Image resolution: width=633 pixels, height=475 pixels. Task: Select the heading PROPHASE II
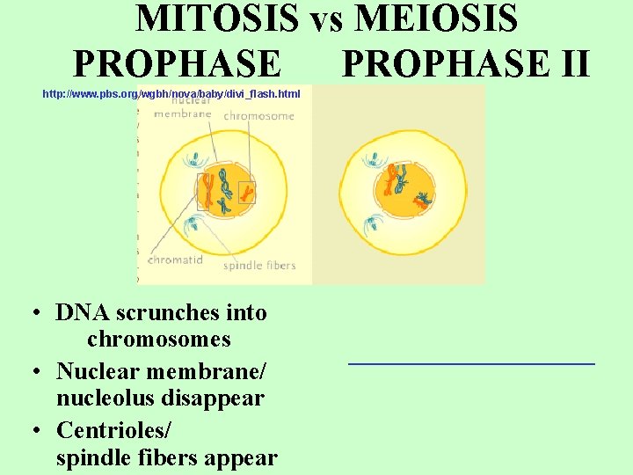coord(465,63)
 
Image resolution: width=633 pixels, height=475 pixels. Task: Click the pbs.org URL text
coord(171,93)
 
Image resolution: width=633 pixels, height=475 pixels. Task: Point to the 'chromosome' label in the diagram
coord(258,116)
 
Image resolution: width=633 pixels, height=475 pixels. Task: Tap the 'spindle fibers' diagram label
coord(259,266)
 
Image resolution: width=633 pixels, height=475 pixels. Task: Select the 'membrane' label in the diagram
coord(182,113)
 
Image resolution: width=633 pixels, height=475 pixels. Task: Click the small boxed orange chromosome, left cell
coord(247,193)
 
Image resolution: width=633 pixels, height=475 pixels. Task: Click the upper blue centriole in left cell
coord(193,159)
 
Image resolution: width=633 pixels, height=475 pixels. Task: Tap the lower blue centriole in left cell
coord(193,226)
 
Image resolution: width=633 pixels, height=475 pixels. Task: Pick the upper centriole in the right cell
coord(375,159)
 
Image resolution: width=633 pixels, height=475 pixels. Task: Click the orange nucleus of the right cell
coord(405,190)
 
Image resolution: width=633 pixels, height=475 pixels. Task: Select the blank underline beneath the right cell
coord(471,362)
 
